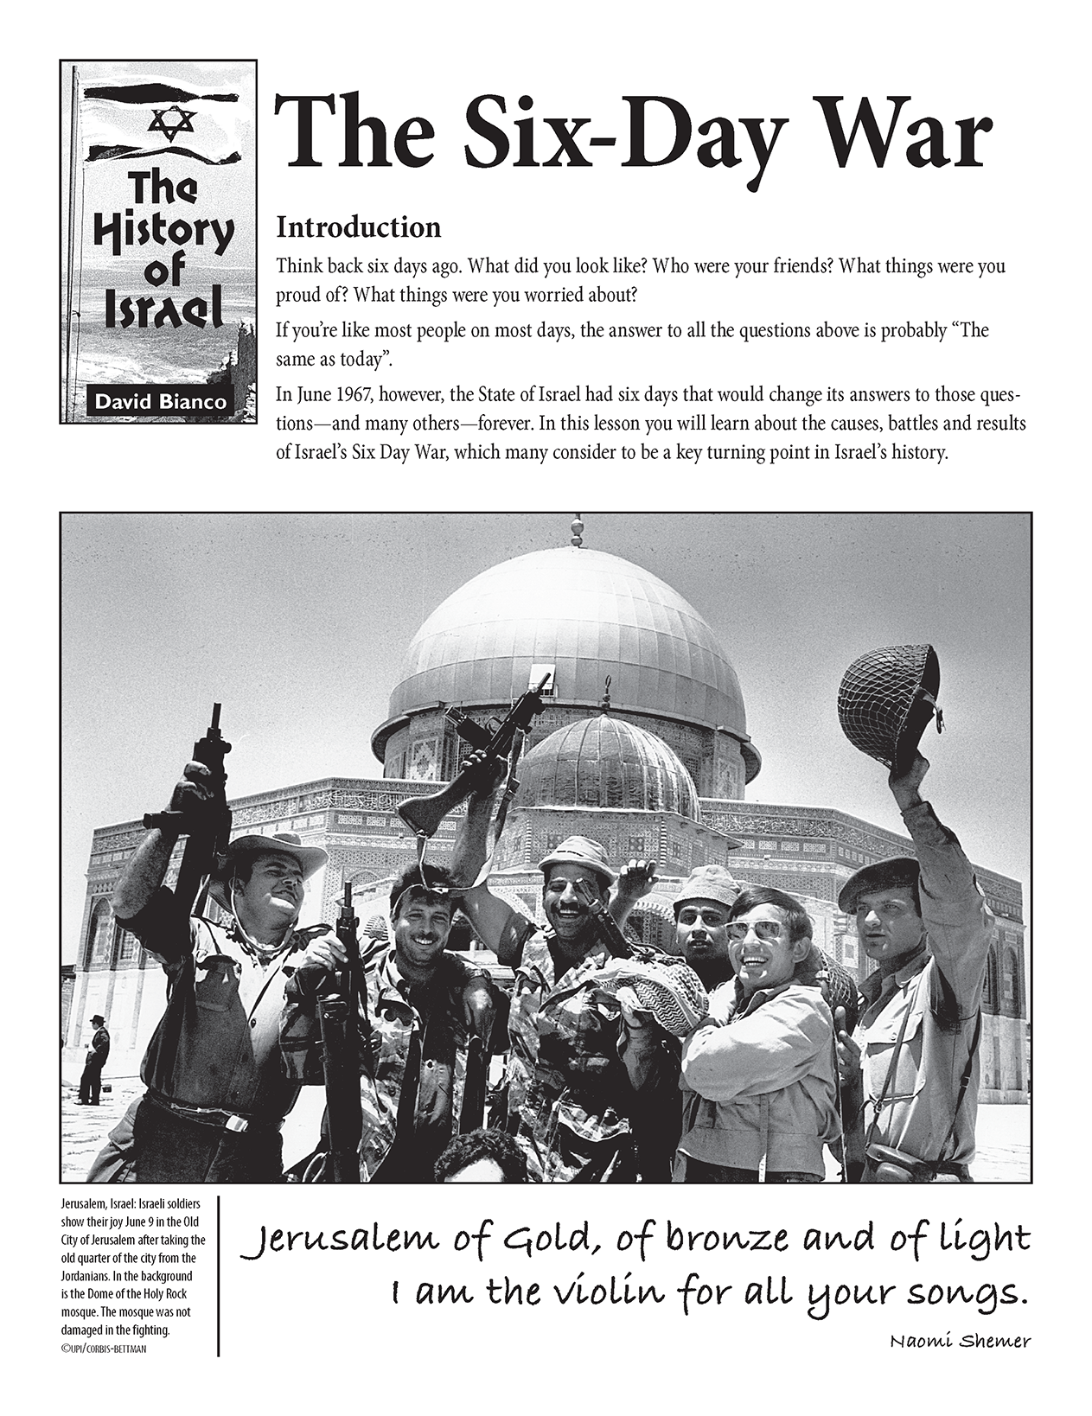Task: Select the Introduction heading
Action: point(358,227)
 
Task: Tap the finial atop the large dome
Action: point(574,531)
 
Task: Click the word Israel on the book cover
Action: point(164,312)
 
